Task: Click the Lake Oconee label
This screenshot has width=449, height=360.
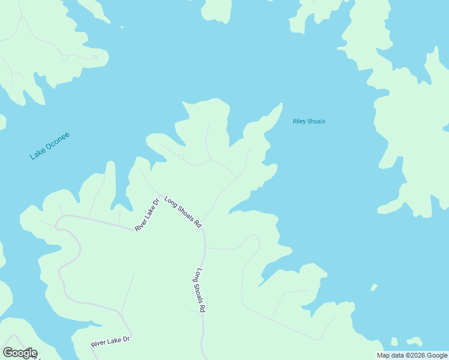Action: point(50,145)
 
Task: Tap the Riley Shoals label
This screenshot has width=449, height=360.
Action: point(309,121)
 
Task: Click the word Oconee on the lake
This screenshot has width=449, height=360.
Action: point(58,140)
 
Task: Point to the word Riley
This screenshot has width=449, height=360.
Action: point(300,121)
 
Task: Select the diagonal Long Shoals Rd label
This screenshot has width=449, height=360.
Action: point(182,212)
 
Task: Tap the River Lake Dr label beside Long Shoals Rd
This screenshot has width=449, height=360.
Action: point(146,215)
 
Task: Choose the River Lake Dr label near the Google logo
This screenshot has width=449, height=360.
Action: point(110,343)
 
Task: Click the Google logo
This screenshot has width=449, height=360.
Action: point(20,353)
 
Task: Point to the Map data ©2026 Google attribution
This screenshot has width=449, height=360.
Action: point(412,355)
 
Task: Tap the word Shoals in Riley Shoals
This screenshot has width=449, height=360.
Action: point(317,121)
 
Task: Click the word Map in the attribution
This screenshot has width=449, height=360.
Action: point(383,355)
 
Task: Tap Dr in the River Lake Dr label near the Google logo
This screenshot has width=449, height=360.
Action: point(126,339)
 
